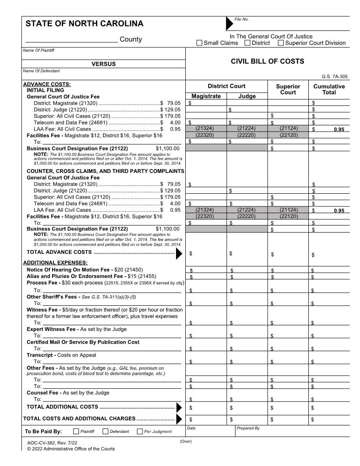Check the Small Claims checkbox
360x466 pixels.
(200, 43)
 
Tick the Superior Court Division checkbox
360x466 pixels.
(281, 43)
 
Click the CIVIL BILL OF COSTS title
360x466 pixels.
(267, 61)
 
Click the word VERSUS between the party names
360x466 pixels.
(103, 64)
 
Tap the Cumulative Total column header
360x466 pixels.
(329, 90)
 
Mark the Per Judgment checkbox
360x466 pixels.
(140, 431)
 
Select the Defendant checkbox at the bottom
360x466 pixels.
(106, 431)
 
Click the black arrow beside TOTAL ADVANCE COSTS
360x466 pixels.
(179, 254)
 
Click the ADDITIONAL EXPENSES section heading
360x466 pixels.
(49, 263)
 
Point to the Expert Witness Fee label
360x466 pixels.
(76, 329)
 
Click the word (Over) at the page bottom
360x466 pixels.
(186, 441)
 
